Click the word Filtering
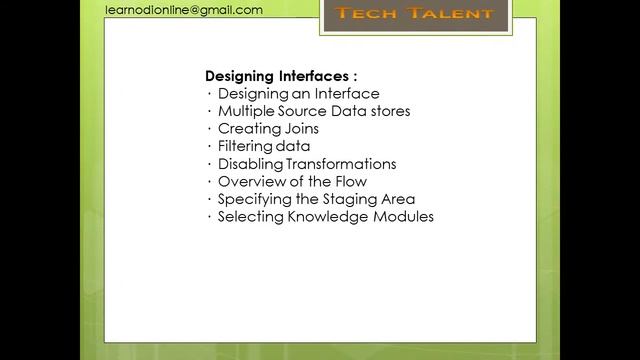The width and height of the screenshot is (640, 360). point(245,146)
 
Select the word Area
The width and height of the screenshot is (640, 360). point(398,199)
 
